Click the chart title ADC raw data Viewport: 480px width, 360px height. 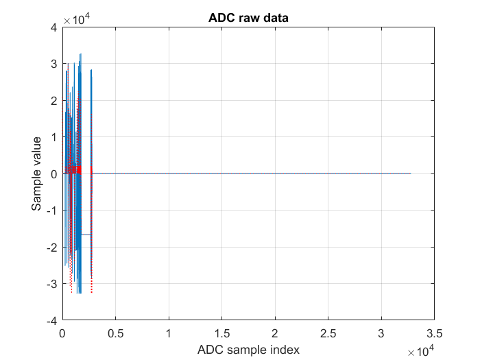[x=248, y=18]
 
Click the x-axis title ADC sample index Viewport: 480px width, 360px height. [x=248, y=350]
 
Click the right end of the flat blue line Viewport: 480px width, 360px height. [x=411, y=173]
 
